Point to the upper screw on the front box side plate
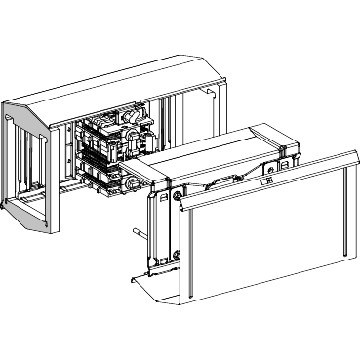[x=180, y=195]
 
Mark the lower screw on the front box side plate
[x=177, y=256]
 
